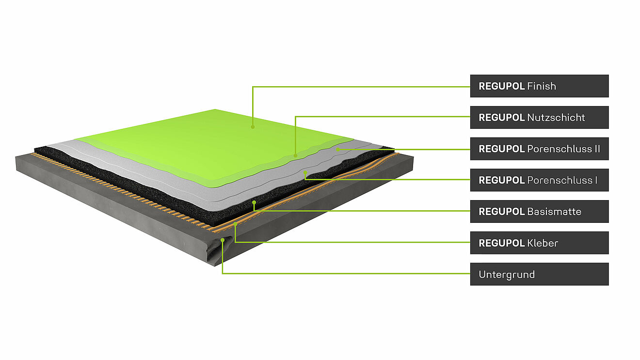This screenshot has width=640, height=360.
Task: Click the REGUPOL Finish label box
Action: tap(540, 86)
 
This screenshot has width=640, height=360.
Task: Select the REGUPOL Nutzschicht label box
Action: tap(540, 117)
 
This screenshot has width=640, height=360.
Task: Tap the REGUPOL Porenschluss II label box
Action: tap(540, 149)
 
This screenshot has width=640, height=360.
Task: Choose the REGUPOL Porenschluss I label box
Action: tap(540, 180)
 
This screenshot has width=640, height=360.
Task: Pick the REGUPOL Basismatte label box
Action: tap(540, 212)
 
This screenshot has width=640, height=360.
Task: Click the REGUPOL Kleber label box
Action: tap(540, 243)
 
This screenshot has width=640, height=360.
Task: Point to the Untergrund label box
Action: tap(540, 274)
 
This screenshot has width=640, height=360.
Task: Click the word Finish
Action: tap(542, 86)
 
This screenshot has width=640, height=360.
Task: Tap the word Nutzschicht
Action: tap(556, 117)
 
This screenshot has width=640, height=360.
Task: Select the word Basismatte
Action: tap(554, 212)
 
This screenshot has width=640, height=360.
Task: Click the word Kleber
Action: tap(543, 243)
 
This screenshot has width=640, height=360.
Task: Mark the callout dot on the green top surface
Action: tap(253, 127)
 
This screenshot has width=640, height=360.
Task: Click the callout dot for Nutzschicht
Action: tap(295, 156)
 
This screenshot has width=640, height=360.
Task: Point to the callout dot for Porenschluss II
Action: tap(338, 149)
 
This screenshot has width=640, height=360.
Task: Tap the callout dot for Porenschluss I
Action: tap(305, 172)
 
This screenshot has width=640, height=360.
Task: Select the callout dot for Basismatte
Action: tap(254, 202)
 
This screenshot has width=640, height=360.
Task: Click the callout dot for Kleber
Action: tap(236, 224)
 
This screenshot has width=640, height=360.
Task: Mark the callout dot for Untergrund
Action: tap(223, 240)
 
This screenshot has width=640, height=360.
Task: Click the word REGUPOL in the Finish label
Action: tap(501, 86)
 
